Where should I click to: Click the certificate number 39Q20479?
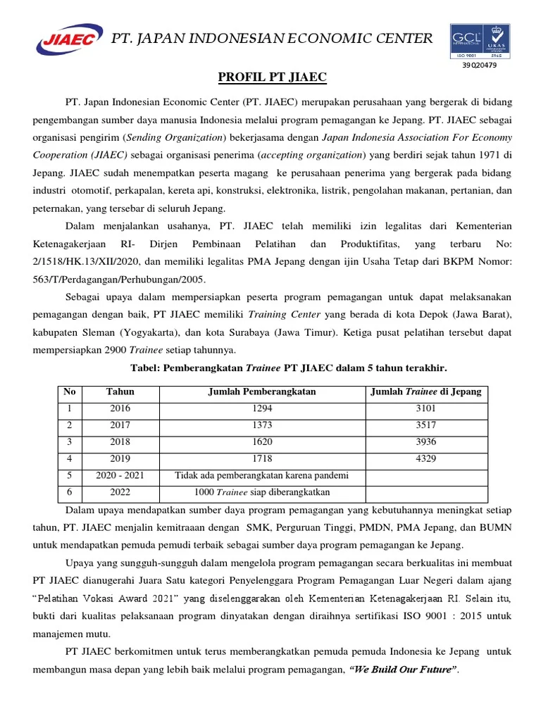click(x=479, y=65)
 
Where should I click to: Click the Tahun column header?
click(x=120, y=392)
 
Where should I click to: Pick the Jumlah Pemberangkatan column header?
click(x=261, y=392)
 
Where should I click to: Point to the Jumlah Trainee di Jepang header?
click(x=426, y=392)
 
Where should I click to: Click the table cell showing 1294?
click(x=261, y=408)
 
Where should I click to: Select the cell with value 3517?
click(x=426, y=425)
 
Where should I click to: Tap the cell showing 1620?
click(x=261, y=442)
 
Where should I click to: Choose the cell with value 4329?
click(x=426, y=458)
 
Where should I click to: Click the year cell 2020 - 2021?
click(x=120, y=475)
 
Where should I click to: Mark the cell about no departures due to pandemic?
click(x=261, y=475)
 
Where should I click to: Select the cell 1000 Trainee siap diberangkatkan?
click(x=261, y=492)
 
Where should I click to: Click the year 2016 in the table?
click(x=120, y=408)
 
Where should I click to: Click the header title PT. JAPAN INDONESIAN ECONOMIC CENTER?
click(x=273, y=39)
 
